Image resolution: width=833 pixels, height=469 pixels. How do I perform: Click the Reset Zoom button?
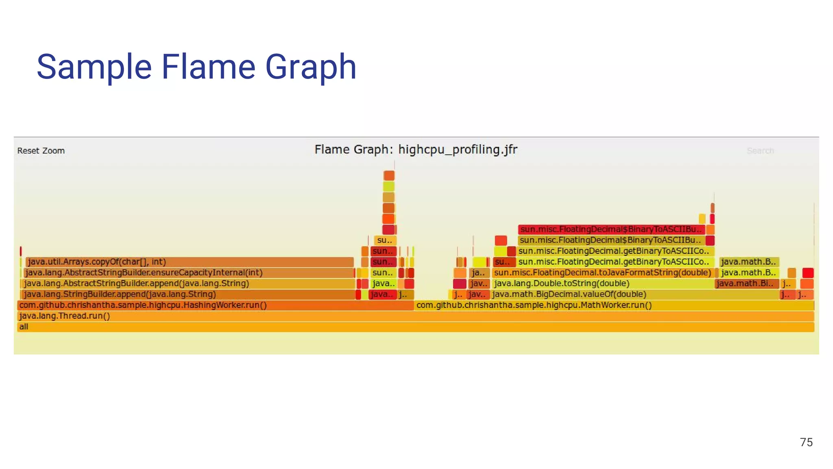click(41, 151)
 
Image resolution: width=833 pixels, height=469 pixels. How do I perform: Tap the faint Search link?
click(760, 151)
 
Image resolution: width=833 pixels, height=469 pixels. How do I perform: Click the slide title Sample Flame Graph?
click(196, 67)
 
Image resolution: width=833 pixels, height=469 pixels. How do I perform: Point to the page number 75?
click(806, 442)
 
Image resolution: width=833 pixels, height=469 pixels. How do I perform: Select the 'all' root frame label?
click(24, 327)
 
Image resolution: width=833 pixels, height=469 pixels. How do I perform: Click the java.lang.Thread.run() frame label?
click(65, 316)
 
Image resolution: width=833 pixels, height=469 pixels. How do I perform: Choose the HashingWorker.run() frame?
click(143, 305)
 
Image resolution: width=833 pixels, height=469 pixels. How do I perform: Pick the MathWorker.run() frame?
click(534, 305)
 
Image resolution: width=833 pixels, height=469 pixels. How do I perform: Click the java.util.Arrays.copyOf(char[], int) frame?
click(97, 262)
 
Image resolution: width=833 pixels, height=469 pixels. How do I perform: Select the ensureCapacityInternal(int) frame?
click(143, 273)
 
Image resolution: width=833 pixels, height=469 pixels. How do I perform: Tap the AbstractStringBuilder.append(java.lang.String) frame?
click(136, 283)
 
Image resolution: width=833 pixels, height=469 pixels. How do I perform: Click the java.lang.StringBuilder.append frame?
click(120, 294)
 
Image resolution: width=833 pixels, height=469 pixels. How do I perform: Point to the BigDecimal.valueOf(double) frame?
click(569, 294)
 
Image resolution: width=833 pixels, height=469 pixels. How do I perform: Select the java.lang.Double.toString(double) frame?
click(561, 283)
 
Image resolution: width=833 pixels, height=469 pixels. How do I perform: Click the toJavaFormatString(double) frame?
click(602, 273)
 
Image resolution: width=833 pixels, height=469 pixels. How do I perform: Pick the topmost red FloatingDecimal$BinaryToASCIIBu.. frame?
click(611, 229)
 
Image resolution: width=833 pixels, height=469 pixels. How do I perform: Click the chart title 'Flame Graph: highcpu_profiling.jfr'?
click(416, 149)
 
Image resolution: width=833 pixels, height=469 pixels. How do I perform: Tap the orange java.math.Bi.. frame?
click(746, 283)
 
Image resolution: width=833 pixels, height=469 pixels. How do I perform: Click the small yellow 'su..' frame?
click(384, 240)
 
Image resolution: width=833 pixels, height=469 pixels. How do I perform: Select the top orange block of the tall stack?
click(389, 175)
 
